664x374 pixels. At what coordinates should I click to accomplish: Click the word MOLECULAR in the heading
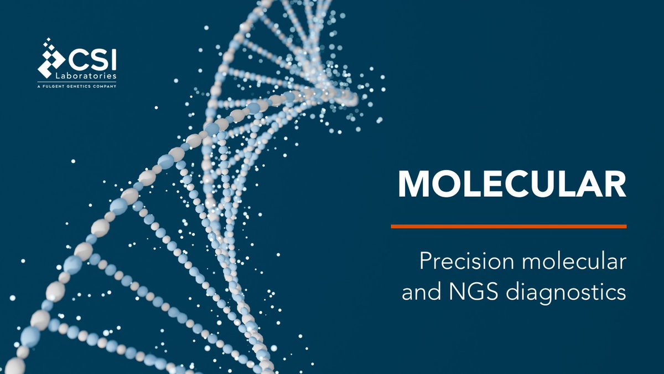click(512, 182)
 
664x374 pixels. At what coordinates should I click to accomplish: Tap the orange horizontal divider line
click(508, 226)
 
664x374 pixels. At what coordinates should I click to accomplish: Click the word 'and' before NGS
click(420, 292)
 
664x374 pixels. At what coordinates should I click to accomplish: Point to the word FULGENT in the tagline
click(56, 86)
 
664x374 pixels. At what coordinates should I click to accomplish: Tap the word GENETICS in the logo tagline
click(80, 86)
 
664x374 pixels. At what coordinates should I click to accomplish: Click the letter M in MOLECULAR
click(413, 182)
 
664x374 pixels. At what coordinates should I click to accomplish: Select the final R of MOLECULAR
click(615, 182)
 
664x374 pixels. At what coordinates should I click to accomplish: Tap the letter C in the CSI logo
click(77, 59)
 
